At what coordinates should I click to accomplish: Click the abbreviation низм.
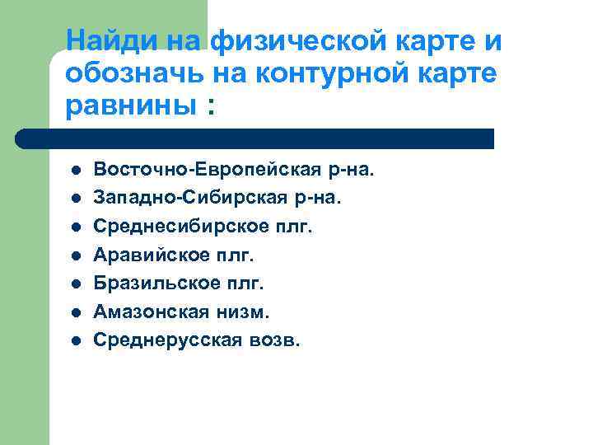(x=246, y=311)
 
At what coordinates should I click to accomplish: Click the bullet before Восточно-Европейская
(x=74, y=171)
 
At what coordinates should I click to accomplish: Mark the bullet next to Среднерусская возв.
(x=74, y=340)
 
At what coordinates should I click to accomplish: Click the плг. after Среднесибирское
(x=293, y=226)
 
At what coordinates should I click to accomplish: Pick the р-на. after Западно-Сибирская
(x=317, y=198)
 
